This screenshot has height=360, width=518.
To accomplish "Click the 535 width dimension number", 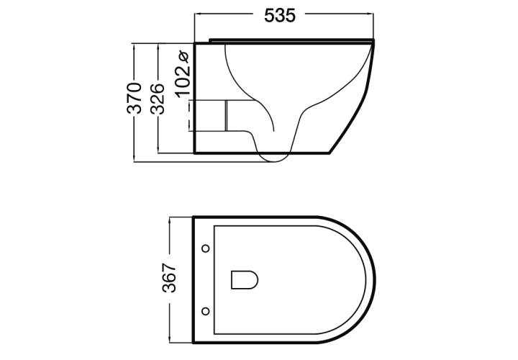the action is tap(279, 15).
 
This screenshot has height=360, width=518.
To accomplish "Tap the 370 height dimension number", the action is tap(135, 98).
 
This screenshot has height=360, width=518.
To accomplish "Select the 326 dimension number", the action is tap(158, 99).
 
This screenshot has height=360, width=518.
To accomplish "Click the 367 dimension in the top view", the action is tap(169, 278).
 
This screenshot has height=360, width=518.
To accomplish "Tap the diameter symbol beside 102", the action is tap(183, 57).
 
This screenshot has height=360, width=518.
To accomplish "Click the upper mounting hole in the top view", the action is tap(206, 248).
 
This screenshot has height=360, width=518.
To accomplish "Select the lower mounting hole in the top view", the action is tap(206, 311).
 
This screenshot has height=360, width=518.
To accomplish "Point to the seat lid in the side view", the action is tap(291, 40).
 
